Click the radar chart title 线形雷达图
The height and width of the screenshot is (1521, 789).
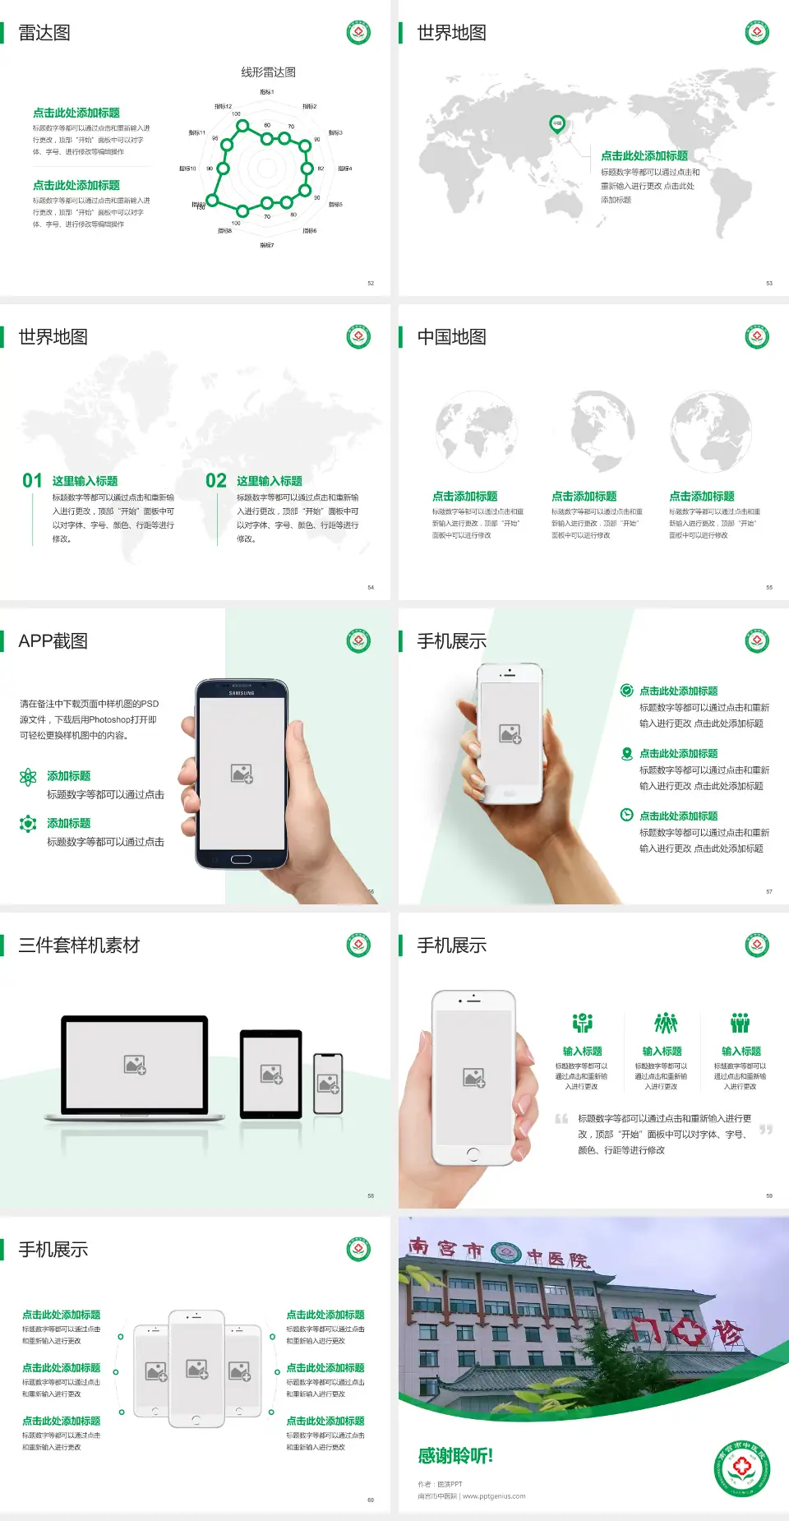click(268, 72)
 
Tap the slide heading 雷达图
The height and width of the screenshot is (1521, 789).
click(44, 33)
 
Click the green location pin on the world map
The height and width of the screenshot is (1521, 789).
click(556, 123)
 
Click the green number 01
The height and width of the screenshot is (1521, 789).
click(32, 481)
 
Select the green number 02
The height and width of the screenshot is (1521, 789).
click(216, 481)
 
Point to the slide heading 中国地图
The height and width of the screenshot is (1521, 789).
click(451, 337)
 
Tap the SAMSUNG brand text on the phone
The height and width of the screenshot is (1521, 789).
click(242, 693)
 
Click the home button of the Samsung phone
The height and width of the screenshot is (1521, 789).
click(241, 859)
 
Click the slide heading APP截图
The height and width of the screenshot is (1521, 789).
click(53, 641)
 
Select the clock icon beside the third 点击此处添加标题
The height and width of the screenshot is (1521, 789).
click(626, 815)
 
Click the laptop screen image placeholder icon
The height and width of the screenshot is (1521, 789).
click(135, 1065)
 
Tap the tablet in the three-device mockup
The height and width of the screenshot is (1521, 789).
click(271, 1073)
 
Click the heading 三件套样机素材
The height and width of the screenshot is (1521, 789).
click(79, 945)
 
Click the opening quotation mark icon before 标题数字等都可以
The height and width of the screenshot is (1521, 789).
click(561, 1118)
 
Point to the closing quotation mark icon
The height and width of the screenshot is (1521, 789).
click(766, 1130)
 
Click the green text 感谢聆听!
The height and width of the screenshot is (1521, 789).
click(455, 1456)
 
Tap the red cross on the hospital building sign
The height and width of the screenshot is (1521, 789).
click(687, 1331)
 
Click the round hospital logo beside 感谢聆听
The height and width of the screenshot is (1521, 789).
click(741, 1468)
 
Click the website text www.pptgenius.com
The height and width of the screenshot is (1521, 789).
click(494, 1496)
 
